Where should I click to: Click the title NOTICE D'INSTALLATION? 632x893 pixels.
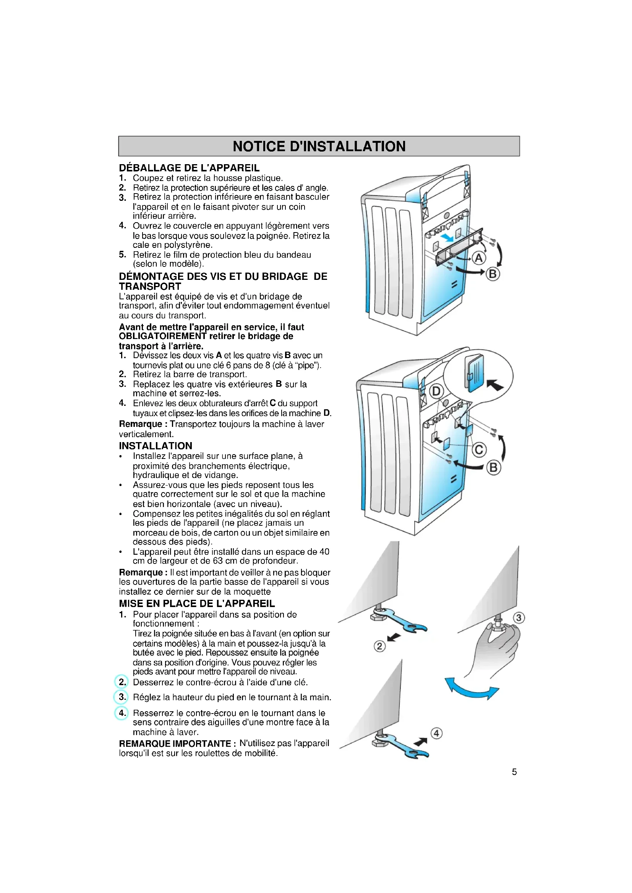coord(319,146)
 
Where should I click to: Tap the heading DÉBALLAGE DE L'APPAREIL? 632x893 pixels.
coord(189,168)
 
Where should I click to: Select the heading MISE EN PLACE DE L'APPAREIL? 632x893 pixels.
coord(197,603)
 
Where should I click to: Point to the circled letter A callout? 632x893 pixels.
coord(479,258)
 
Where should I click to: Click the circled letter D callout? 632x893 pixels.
coord(436,391)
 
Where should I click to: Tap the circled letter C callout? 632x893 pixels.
coord(479,450)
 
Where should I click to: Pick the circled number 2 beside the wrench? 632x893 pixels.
coord(379,646)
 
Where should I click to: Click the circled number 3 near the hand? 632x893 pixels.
coord(519,618)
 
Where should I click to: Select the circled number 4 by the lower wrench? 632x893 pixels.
coord(436,733)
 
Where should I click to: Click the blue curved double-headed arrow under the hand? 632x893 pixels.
coord(472,689)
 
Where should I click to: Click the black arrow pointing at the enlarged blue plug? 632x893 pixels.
coord(494,385)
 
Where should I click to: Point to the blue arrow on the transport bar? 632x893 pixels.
coord(446,237)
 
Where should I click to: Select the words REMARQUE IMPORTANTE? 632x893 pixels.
coord(175,744)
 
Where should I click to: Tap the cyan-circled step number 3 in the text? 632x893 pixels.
coord(122,697)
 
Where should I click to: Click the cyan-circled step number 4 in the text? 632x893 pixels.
coord(122,713)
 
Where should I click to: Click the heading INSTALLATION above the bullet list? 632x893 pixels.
coord(156,446)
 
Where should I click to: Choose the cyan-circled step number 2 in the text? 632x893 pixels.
coord(122,682)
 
